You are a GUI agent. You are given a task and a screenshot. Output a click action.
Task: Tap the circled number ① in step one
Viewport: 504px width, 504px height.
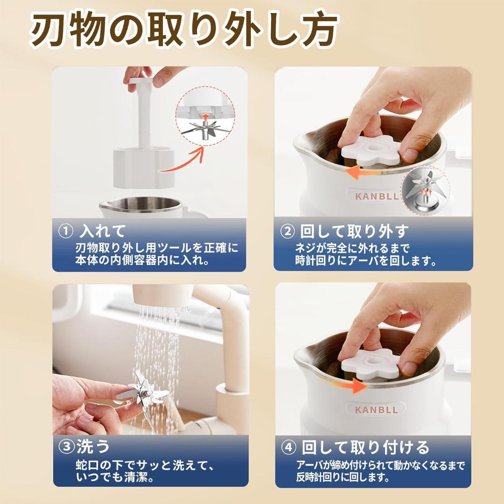coord(66,231)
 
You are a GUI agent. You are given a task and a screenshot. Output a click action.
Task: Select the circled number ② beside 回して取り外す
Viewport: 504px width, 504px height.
coord(287,231)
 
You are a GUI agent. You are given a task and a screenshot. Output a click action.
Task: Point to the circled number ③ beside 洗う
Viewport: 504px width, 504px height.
coord(66,447)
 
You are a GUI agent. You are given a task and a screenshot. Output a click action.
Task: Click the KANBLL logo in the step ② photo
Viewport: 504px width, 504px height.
coord(377,196)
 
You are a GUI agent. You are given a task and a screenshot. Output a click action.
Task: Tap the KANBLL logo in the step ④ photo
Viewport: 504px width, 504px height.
coord(376,409)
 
